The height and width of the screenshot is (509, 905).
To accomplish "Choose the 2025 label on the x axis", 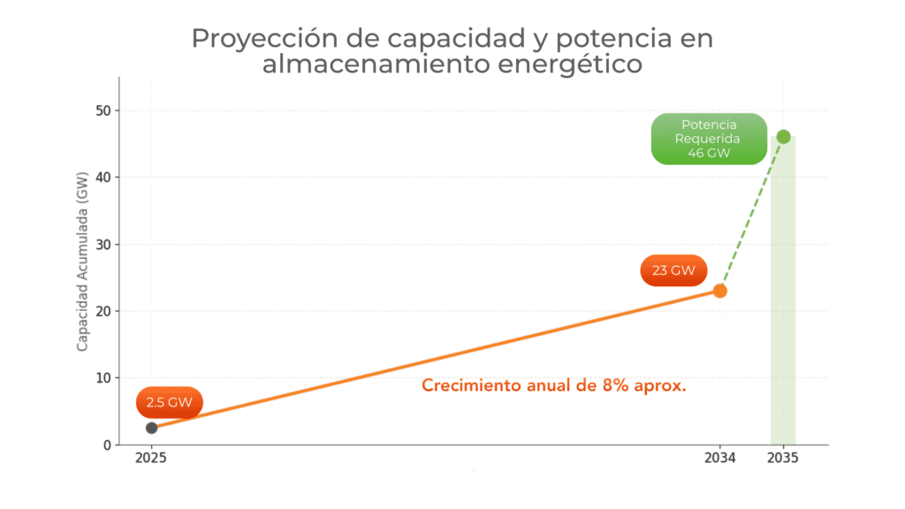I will (x=151, y=460).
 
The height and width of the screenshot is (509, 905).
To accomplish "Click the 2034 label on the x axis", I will (x=719, y=460).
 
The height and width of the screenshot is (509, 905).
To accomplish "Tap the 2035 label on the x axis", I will (x=783, y=460).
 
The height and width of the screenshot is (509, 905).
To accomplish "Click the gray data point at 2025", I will (x=152, y=428).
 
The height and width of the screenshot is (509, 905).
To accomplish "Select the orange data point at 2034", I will (x=720, y=291).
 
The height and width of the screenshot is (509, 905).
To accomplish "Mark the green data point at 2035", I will (x=783, y=137).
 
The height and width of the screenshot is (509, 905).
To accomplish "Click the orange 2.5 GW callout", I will (x=170, y=402).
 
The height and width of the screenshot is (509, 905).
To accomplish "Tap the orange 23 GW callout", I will (x=673, y=270).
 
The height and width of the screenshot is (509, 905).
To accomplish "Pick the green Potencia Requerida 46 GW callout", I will (x=709, y=139).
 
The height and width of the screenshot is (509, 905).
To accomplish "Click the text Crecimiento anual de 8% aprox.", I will (x=554, y=386).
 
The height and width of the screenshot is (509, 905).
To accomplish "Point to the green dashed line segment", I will (x=751, y=214).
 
